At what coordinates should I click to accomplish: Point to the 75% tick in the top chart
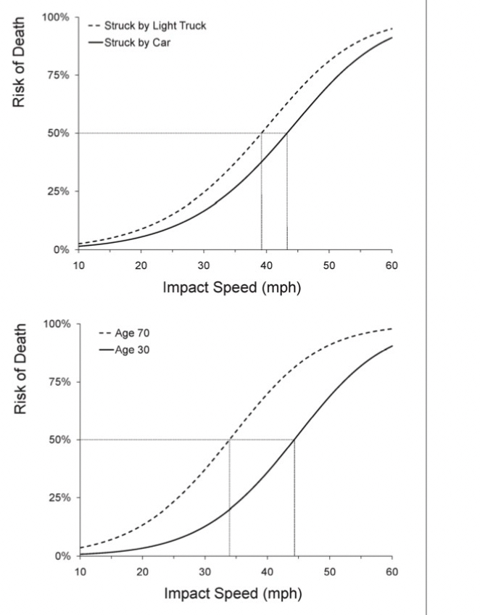56,75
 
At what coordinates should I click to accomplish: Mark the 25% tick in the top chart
56,191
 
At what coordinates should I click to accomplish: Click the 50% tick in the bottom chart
56,440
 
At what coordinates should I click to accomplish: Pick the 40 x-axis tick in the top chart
267,265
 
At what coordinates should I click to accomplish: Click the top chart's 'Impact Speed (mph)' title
231,288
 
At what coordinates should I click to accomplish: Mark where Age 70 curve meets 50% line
230,439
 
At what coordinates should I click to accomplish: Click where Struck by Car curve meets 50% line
287,133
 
